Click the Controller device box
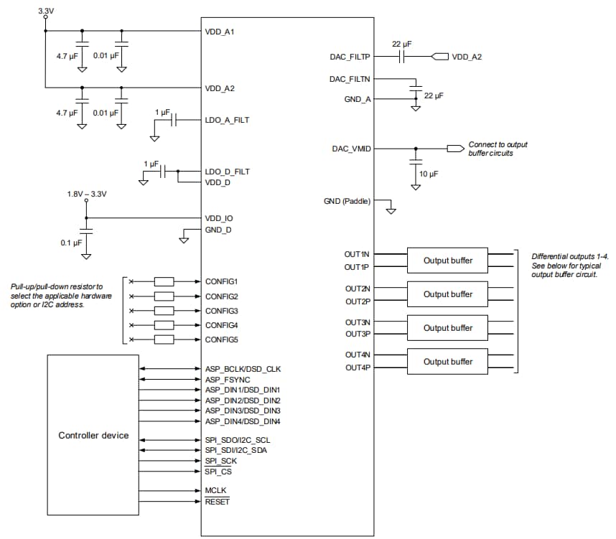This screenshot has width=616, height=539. click(x=93, y=435)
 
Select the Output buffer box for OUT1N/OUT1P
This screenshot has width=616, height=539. click(x=447, y=261)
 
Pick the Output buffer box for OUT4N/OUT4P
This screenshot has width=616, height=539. click(x=447, y=362)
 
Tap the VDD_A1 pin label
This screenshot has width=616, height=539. click(x=220, y=32)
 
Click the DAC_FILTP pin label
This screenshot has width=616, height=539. click(x=350, y=57)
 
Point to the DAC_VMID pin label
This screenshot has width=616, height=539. click(x=350, y=149)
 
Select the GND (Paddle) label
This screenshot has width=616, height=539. click(x=347, y=202)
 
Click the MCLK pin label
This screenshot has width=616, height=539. click(x=216, y=490)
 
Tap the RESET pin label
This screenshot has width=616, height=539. click(x=218, y=502)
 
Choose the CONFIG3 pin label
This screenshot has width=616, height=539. click(x=221, y=311)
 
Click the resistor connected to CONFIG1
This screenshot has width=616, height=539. click(x=164, y=281)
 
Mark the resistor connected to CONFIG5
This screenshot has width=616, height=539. click(x=164, y=339)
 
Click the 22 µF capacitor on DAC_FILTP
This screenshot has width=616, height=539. click(x=402, y=57)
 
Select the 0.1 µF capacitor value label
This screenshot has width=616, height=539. click(x=71, y=243)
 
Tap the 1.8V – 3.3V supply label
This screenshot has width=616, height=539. click(x=87, y=194)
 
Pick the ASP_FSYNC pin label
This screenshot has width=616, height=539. click(x=226, y=379)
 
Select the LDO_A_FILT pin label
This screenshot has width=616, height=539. click(x=227, y=120)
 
